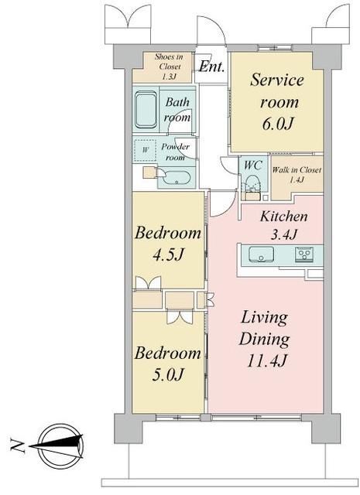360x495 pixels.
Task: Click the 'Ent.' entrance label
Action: [x=211, y=67]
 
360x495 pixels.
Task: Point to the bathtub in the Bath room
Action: [x=146, y=110]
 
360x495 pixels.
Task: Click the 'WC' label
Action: [x=252, y=165]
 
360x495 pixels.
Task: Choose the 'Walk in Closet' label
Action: [x=297, y=174]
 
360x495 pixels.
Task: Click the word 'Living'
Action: [x=263, y=318]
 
